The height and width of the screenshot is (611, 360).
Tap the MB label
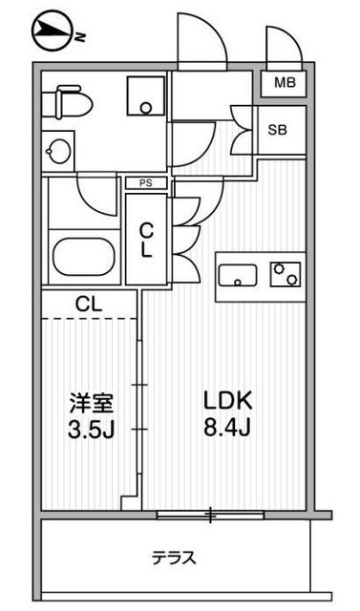pyautogui.click(x=285, y=83)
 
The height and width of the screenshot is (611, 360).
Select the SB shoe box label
pyautogui.click(x=277, y=130)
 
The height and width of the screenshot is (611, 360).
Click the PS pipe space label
pyautogui.click(x=146, y=183)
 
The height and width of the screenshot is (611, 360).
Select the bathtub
pyautogui.click(x=84, y=257)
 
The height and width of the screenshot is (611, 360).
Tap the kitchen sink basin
pyautogui.click(x=238, y=276)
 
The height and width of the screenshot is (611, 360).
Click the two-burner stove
pyautogui.click(x=286, y=274)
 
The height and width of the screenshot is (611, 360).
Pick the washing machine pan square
pyautogui.click(x=145, y=95)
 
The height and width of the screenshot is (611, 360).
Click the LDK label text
pyautogui.click(x=229, y=402)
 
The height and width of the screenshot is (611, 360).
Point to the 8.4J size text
pyautogui.click(x=226, y=429)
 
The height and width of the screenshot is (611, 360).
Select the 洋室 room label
pyautogui.click(x=92, y=404)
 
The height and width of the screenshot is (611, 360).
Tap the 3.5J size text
pyautogui.click(x=91, y=431)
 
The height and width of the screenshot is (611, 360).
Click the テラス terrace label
pyautogui.click(x=174, y=558)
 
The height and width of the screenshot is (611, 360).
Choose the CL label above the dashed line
pyautogui.click(x=89, y=305)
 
